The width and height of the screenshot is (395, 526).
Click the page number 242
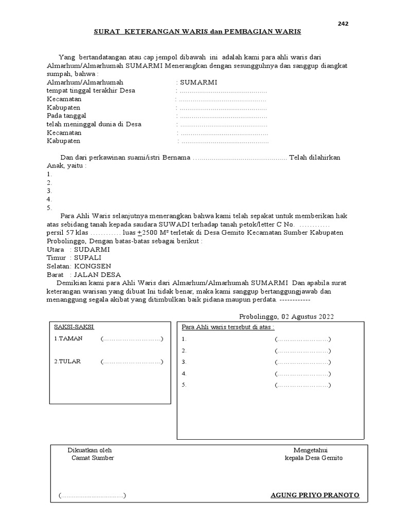[x=343, y=24]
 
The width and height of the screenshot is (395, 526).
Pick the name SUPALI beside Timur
[x=88, y=257]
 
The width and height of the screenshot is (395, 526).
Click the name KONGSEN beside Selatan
[x=93, y=266]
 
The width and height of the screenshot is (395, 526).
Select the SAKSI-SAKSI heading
[x=74, y=327]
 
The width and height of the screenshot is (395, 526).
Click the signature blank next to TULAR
[x=132, y=362]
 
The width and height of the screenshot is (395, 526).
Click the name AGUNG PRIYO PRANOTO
[x=315, y=496]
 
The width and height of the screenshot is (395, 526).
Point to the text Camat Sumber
[x=93, y=458]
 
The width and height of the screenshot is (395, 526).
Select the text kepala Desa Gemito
[x=314, y=458]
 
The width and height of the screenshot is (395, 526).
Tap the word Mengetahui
[x=314, y=450]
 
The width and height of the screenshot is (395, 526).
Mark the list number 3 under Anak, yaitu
[x=49, y=191]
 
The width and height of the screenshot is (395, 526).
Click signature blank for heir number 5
[x=302, y=385]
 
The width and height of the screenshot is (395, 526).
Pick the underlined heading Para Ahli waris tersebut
[x=228, y=327]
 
